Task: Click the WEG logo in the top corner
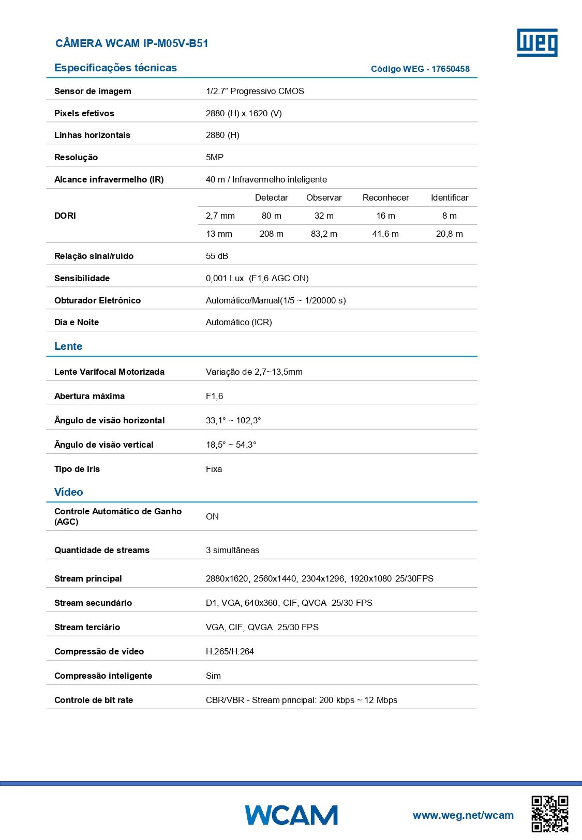537,42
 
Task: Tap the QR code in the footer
549,814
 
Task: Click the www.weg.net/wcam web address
463,815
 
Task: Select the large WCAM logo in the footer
291,815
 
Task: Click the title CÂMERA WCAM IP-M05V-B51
131,43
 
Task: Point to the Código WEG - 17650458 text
420,69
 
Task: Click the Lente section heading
68,346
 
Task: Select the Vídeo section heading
69,492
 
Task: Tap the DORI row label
65,216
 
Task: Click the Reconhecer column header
385,197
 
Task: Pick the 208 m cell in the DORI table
271,234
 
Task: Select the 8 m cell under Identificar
449,216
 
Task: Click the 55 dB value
217,256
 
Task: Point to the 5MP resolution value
215,157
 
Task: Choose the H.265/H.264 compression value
230,651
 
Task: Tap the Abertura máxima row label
89,396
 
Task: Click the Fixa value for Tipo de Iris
214,469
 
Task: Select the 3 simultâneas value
232,550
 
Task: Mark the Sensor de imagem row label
93,91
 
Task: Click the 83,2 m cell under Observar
324,234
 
